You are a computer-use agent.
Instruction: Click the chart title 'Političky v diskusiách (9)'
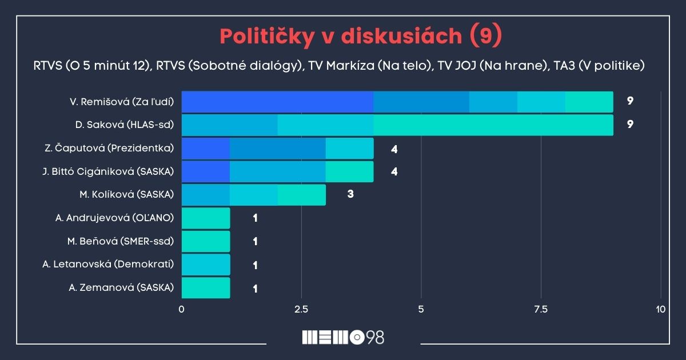361,36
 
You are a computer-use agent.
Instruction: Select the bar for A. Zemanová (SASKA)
206,288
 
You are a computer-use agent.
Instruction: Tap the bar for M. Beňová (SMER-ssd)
206,241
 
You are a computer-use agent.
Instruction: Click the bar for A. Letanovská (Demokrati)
206,265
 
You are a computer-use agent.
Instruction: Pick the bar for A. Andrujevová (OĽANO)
206,218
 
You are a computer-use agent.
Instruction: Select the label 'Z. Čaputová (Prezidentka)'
109,148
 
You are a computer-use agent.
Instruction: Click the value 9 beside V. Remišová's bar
630,101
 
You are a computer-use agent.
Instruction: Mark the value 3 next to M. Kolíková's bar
350,194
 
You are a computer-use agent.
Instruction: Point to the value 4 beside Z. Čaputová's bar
394,149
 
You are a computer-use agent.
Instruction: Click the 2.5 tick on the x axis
301,310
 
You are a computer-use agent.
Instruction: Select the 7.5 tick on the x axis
540,310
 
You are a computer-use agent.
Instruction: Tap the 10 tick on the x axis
660,310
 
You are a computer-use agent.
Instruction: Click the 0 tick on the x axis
182,310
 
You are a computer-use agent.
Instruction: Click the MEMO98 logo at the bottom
343,337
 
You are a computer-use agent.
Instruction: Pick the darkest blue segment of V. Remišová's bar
277,102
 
